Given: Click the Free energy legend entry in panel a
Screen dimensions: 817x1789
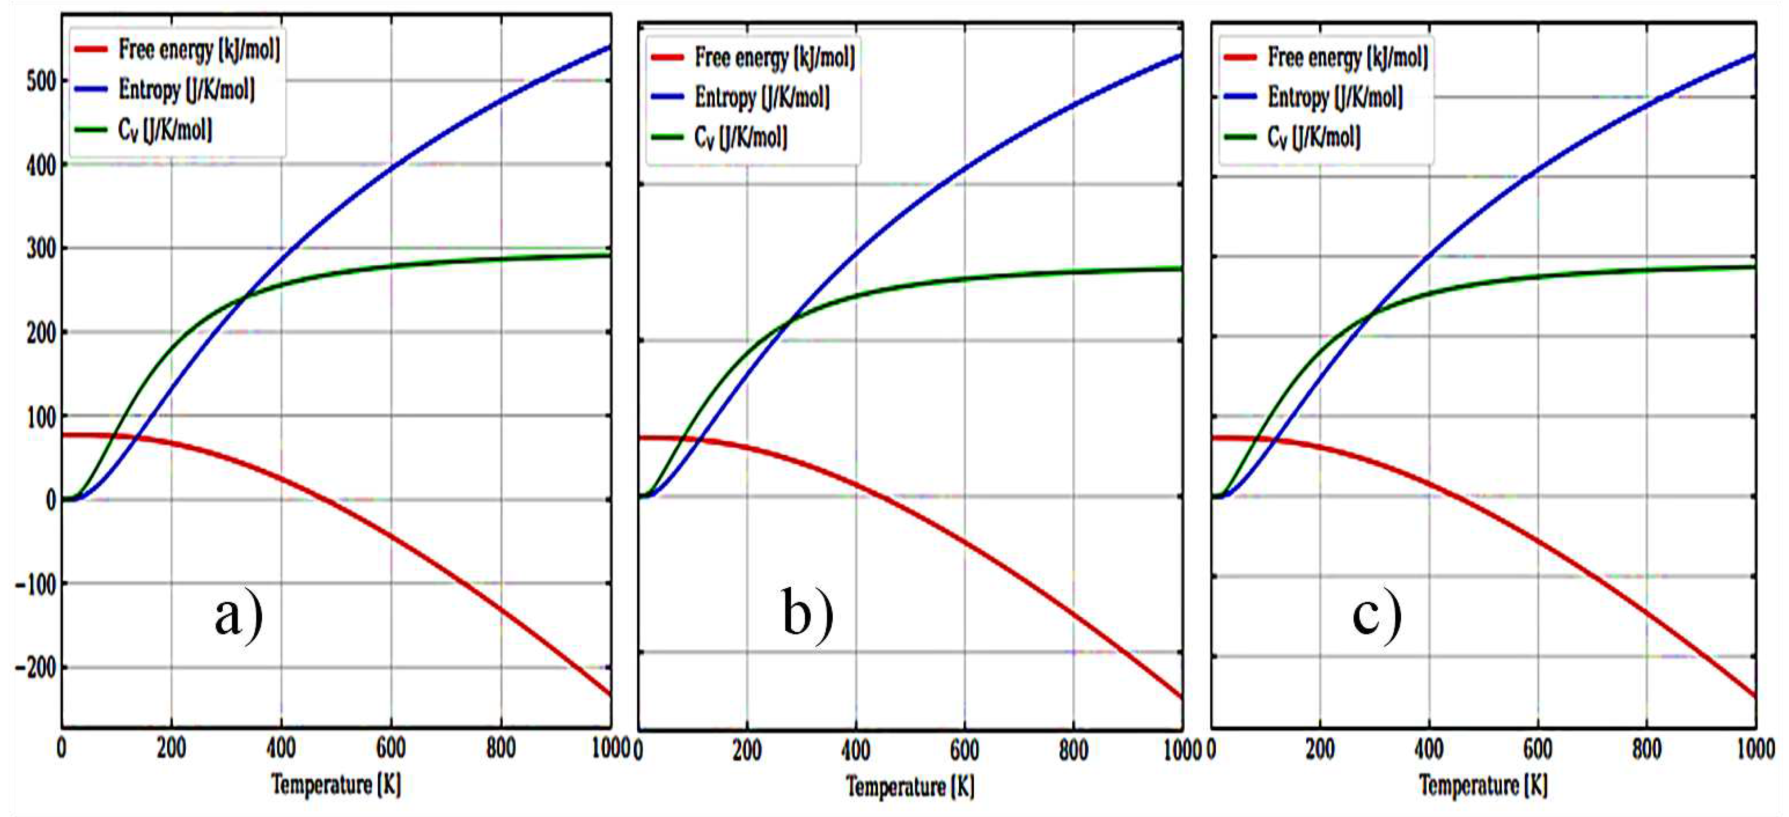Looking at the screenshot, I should tap(199, 49).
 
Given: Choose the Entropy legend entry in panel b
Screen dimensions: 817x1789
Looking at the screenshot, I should tap(762, 97).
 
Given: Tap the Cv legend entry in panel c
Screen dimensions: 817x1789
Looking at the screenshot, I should tap(1313, 137).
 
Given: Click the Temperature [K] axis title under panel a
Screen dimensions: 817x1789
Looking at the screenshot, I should tap(336, 785).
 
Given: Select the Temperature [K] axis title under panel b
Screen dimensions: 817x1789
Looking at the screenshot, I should tap(910, 786).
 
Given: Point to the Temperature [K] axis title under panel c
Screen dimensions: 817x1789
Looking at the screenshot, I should tap(1483, 785).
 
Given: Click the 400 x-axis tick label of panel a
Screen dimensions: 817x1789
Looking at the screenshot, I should tap(281, 749).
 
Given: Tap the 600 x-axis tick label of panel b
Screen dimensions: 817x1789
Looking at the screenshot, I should tap(964, 750).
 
